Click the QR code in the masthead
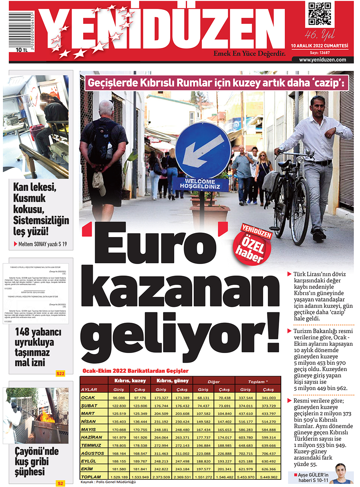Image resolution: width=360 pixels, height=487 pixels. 320,14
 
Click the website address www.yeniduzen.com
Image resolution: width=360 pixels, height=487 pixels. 322,60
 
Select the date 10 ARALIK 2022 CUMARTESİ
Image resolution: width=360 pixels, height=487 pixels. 319,46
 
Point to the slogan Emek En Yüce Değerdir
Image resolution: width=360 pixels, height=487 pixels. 249,54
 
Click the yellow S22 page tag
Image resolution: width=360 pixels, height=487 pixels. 60,374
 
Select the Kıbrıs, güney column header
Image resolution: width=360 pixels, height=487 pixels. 172,380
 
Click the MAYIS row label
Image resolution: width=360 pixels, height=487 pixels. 89,429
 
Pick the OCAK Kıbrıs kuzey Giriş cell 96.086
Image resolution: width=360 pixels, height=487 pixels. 119,398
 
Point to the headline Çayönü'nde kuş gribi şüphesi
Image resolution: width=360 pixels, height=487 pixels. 36,461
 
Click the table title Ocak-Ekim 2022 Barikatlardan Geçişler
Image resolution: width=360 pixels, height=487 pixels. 135,371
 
